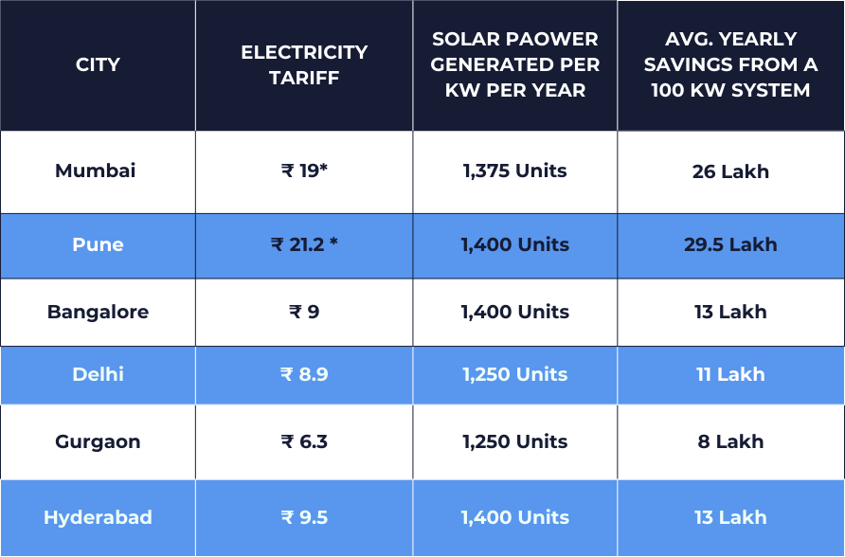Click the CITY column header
coord(98,65)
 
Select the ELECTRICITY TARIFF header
coord(304,65)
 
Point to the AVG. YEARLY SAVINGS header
coord(730,65)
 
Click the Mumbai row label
coord(96,171)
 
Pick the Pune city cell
coord(98,244)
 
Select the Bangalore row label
coord(98,312)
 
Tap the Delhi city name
coord(98,374)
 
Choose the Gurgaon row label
coord(98,441)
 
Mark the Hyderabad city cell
coord(98,517)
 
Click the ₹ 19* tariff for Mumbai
coord(304,171)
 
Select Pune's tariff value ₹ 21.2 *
coord(304,244)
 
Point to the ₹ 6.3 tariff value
coord(304,441)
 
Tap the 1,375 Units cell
coord(515,171)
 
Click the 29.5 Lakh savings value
coord(730,244)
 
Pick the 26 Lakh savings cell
coord(730,172)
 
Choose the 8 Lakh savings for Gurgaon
coord(730,441)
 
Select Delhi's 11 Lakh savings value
coord(730,374)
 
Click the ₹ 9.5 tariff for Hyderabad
coord(304,517)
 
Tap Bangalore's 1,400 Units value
coord(515,312)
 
